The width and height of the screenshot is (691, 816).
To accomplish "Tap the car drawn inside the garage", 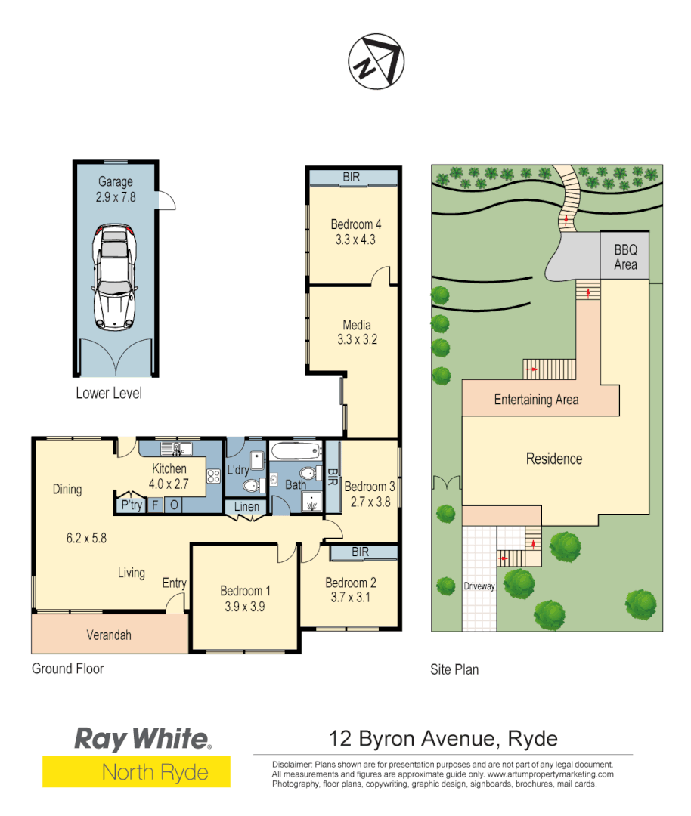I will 115,278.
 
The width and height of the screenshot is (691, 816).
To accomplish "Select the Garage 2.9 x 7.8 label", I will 115,189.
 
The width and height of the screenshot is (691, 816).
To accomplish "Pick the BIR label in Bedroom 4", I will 352,178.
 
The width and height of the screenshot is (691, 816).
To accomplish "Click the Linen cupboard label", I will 246,507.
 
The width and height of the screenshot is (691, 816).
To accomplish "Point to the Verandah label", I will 109,635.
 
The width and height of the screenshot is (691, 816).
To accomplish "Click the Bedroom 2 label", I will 350,583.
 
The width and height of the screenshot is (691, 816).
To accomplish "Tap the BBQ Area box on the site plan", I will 625,257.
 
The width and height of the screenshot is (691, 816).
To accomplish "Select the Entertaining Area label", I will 536,400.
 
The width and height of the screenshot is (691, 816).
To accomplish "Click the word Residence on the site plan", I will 554,459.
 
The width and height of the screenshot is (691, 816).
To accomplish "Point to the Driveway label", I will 478,586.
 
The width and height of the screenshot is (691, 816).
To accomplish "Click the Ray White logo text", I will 141,739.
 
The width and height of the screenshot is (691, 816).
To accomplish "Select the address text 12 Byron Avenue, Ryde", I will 444,738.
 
